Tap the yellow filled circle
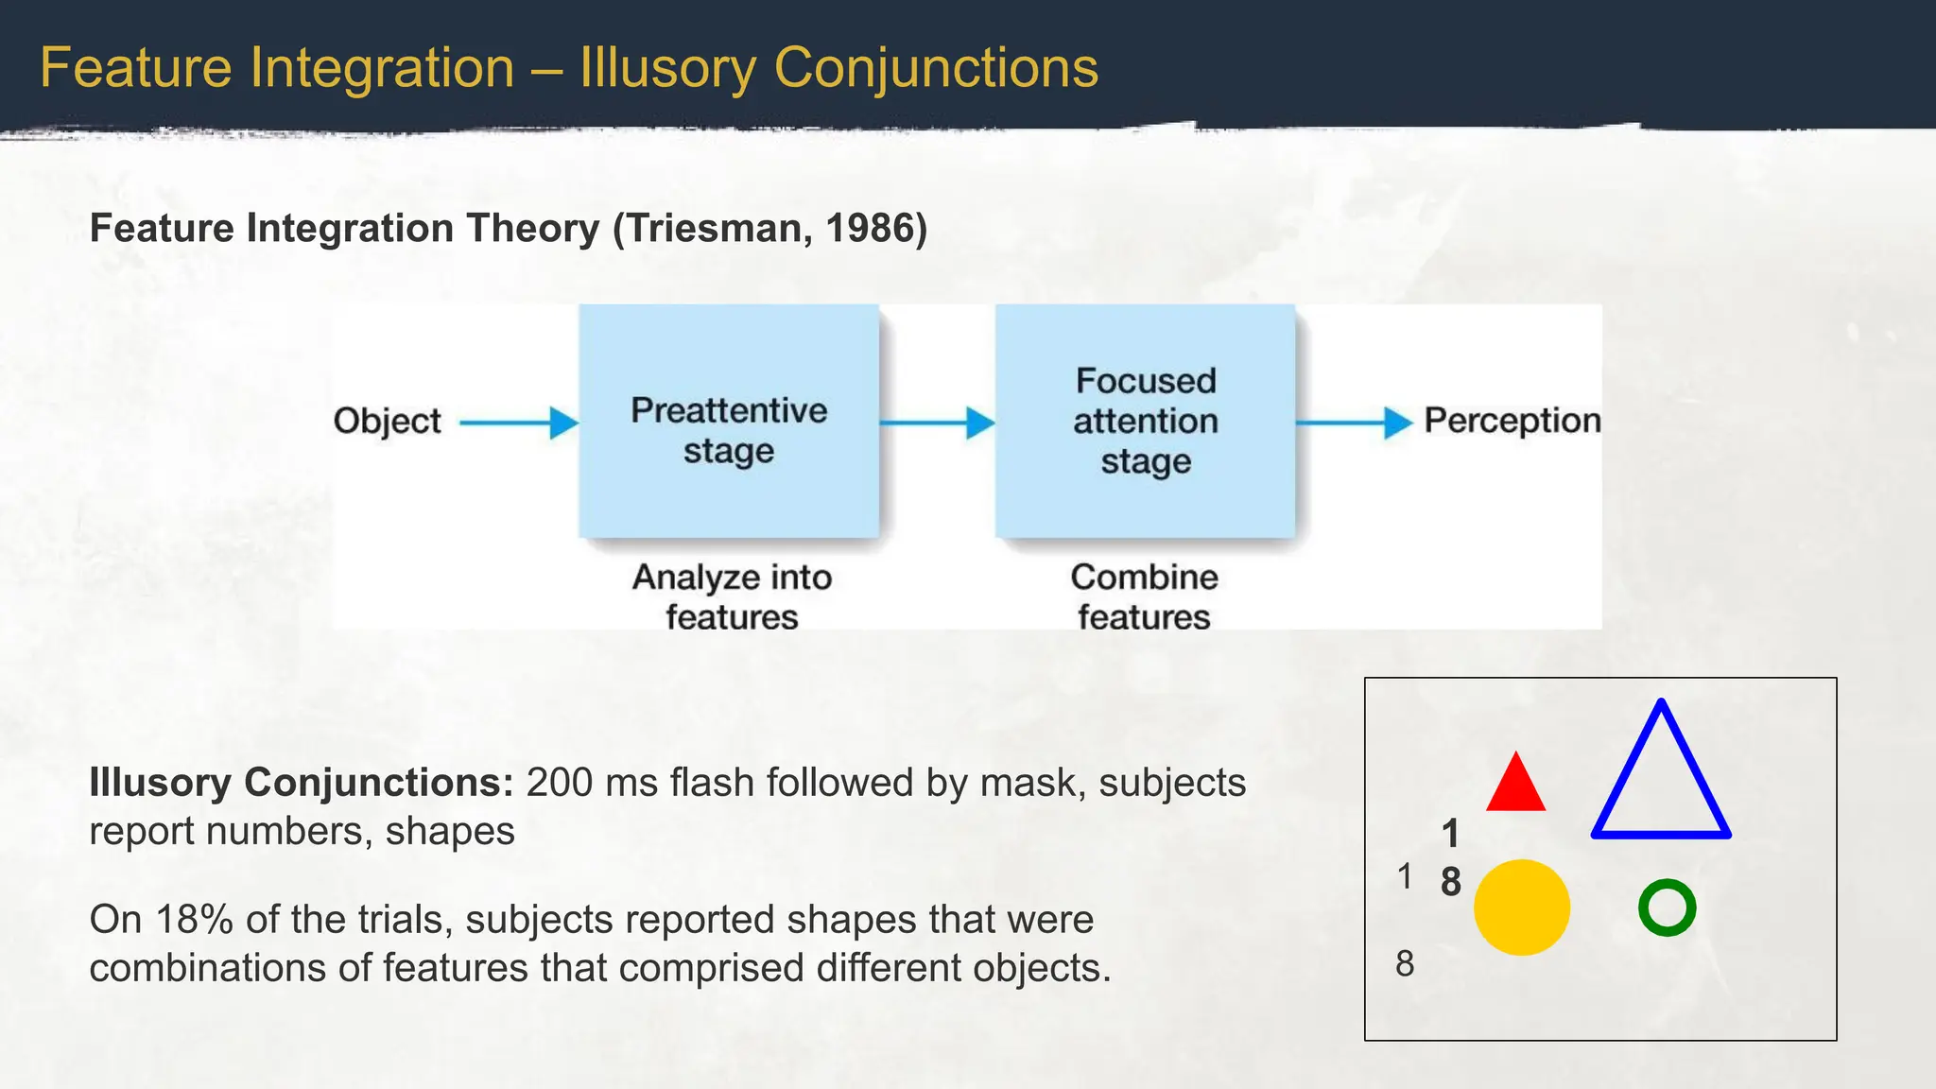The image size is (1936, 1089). (1522, 907)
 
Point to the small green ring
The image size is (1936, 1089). (1667, 907)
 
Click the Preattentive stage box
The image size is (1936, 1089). (729, 422)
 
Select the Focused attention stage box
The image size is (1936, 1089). (1145, 422)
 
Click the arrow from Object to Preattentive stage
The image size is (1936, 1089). (519, 423)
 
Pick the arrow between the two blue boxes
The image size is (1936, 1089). (937, 423)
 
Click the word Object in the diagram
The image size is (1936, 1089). (388, 422)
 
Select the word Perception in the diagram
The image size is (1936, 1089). (1512, 421)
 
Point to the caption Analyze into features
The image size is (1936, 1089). (732, 596)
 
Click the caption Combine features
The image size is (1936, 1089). (1144, 596)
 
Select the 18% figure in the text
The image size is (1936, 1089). (195, 920)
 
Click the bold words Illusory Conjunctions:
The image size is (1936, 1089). (301, 783)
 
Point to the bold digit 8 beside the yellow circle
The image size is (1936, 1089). (1451, 882)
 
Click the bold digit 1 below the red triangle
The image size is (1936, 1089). (1451, 834)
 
